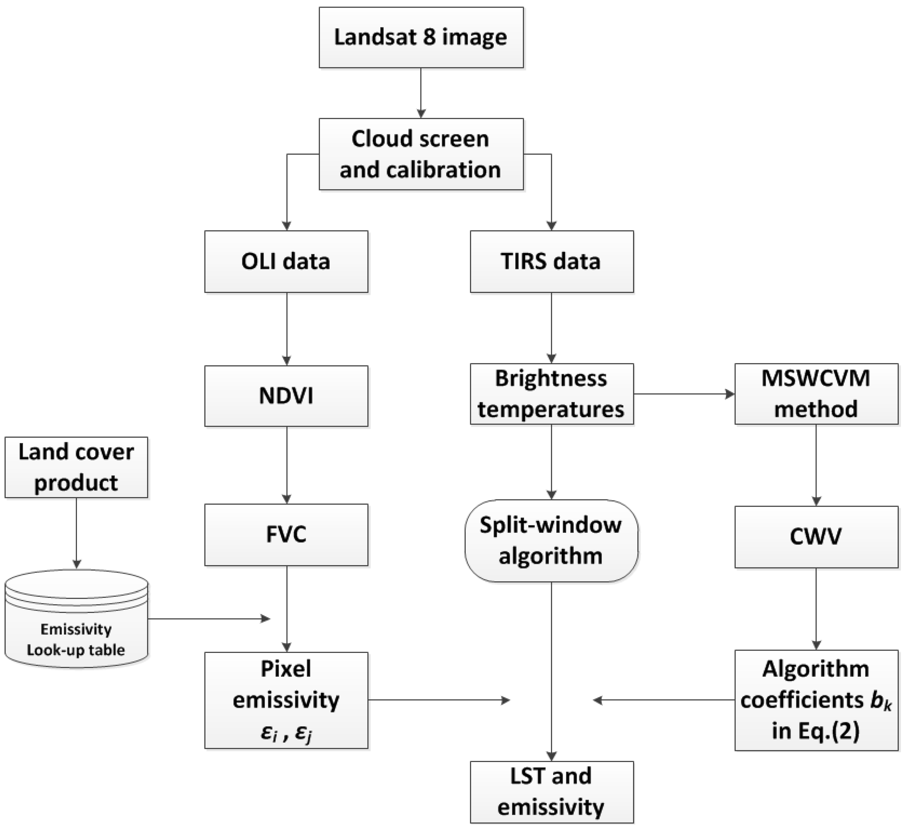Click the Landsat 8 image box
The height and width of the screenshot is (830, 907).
coord(421,37)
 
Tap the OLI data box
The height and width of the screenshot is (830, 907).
coord(286,261)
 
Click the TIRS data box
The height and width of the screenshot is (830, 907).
coord(552,261)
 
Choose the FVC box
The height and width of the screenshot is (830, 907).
coord(286,535)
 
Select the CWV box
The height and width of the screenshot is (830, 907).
coord(816,537)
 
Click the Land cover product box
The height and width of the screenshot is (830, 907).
coord(76,467)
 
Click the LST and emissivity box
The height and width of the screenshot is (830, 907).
coord(552,792)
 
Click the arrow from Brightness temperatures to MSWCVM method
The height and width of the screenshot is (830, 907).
coord(684,394)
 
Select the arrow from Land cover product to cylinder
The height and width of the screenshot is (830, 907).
coord(76,533)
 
